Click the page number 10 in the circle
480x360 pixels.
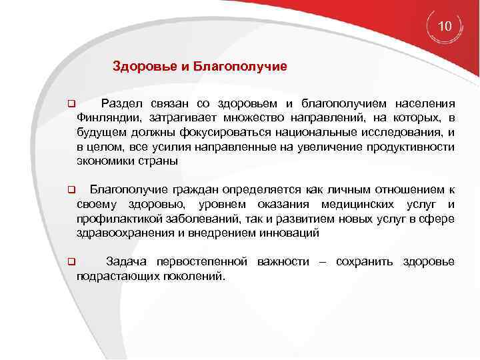click(445, 27)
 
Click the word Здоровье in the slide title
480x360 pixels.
click(138, 67)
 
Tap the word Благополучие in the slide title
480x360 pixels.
click(249, 67)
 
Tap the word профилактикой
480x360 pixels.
click(116, 219)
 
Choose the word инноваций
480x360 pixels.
click(291, 233)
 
